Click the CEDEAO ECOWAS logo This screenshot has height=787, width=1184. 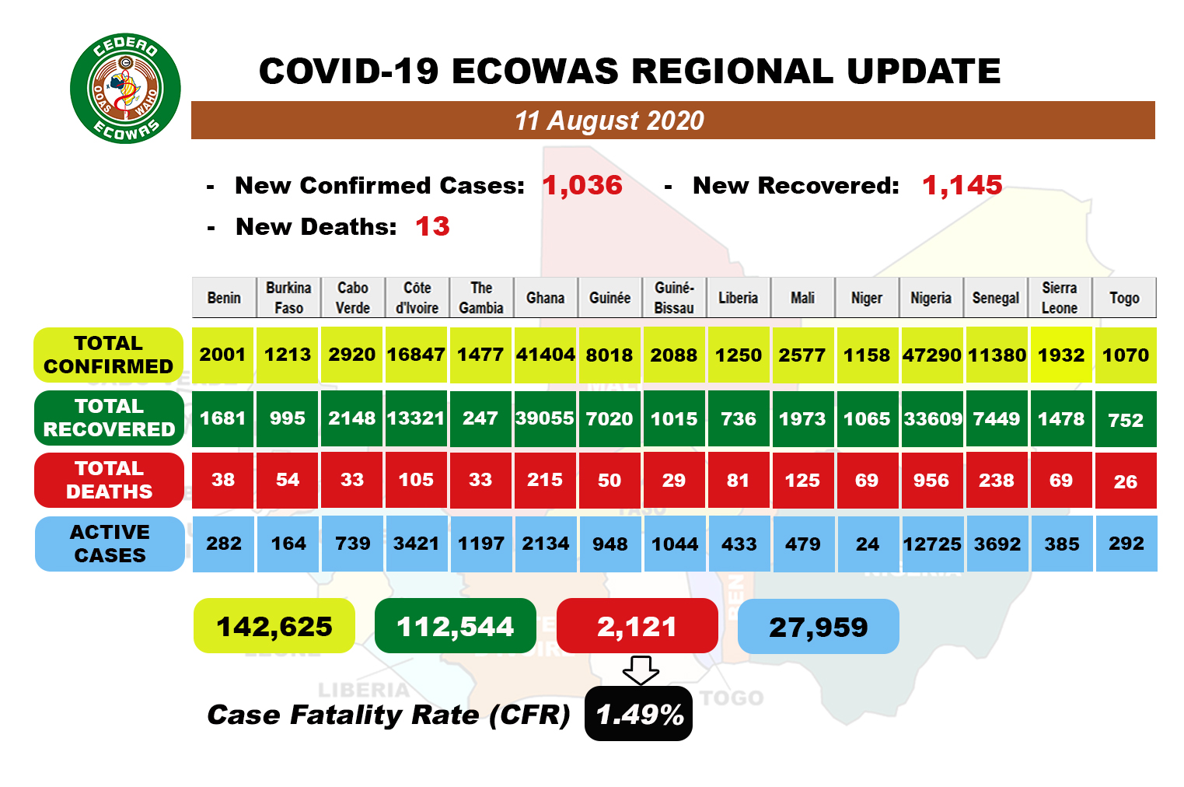tap(125, 89)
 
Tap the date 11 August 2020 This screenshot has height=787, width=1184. tap(609, 121)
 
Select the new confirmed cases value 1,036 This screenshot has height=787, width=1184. tap(582, 185)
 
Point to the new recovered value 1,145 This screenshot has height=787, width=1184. tap(962, 185)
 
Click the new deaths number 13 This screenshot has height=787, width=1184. tap(432, 226)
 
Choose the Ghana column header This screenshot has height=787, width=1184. tap(545, 298)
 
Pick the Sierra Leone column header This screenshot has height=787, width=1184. tap(1060, 298)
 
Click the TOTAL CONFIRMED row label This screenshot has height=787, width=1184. tap(109, 355)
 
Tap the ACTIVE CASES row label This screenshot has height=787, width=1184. tap(110, 544)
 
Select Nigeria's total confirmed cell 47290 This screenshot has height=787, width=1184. tap(931, 355)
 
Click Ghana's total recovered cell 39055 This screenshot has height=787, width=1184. tap(545, 418)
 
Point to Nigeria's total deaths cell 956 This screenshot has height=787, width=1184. tap(931, 481)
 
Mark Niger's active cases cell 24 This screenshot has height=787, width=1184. tap(867, 544)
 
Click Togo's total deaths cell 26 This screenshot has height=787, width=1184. tap(1125, 481)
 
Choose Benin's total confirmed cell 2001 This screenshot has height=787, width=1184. tap(223, 355)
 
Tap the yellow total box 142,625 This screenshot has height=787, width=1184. tap(274, 626)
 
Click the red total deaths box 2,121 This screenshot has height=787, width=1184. tap(637, 626)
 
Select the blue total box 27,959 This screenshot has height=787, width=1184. tap(818, 626)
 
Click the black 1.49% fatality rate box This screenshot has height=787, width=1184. tap(639, 714)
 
